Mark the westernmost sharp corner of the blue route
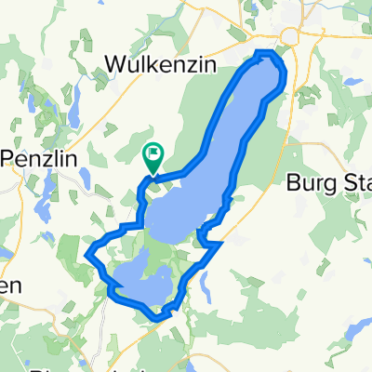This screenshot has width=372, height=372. pos(86,253)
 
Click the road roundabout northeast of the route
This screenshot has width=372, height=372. pos(292,36)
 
